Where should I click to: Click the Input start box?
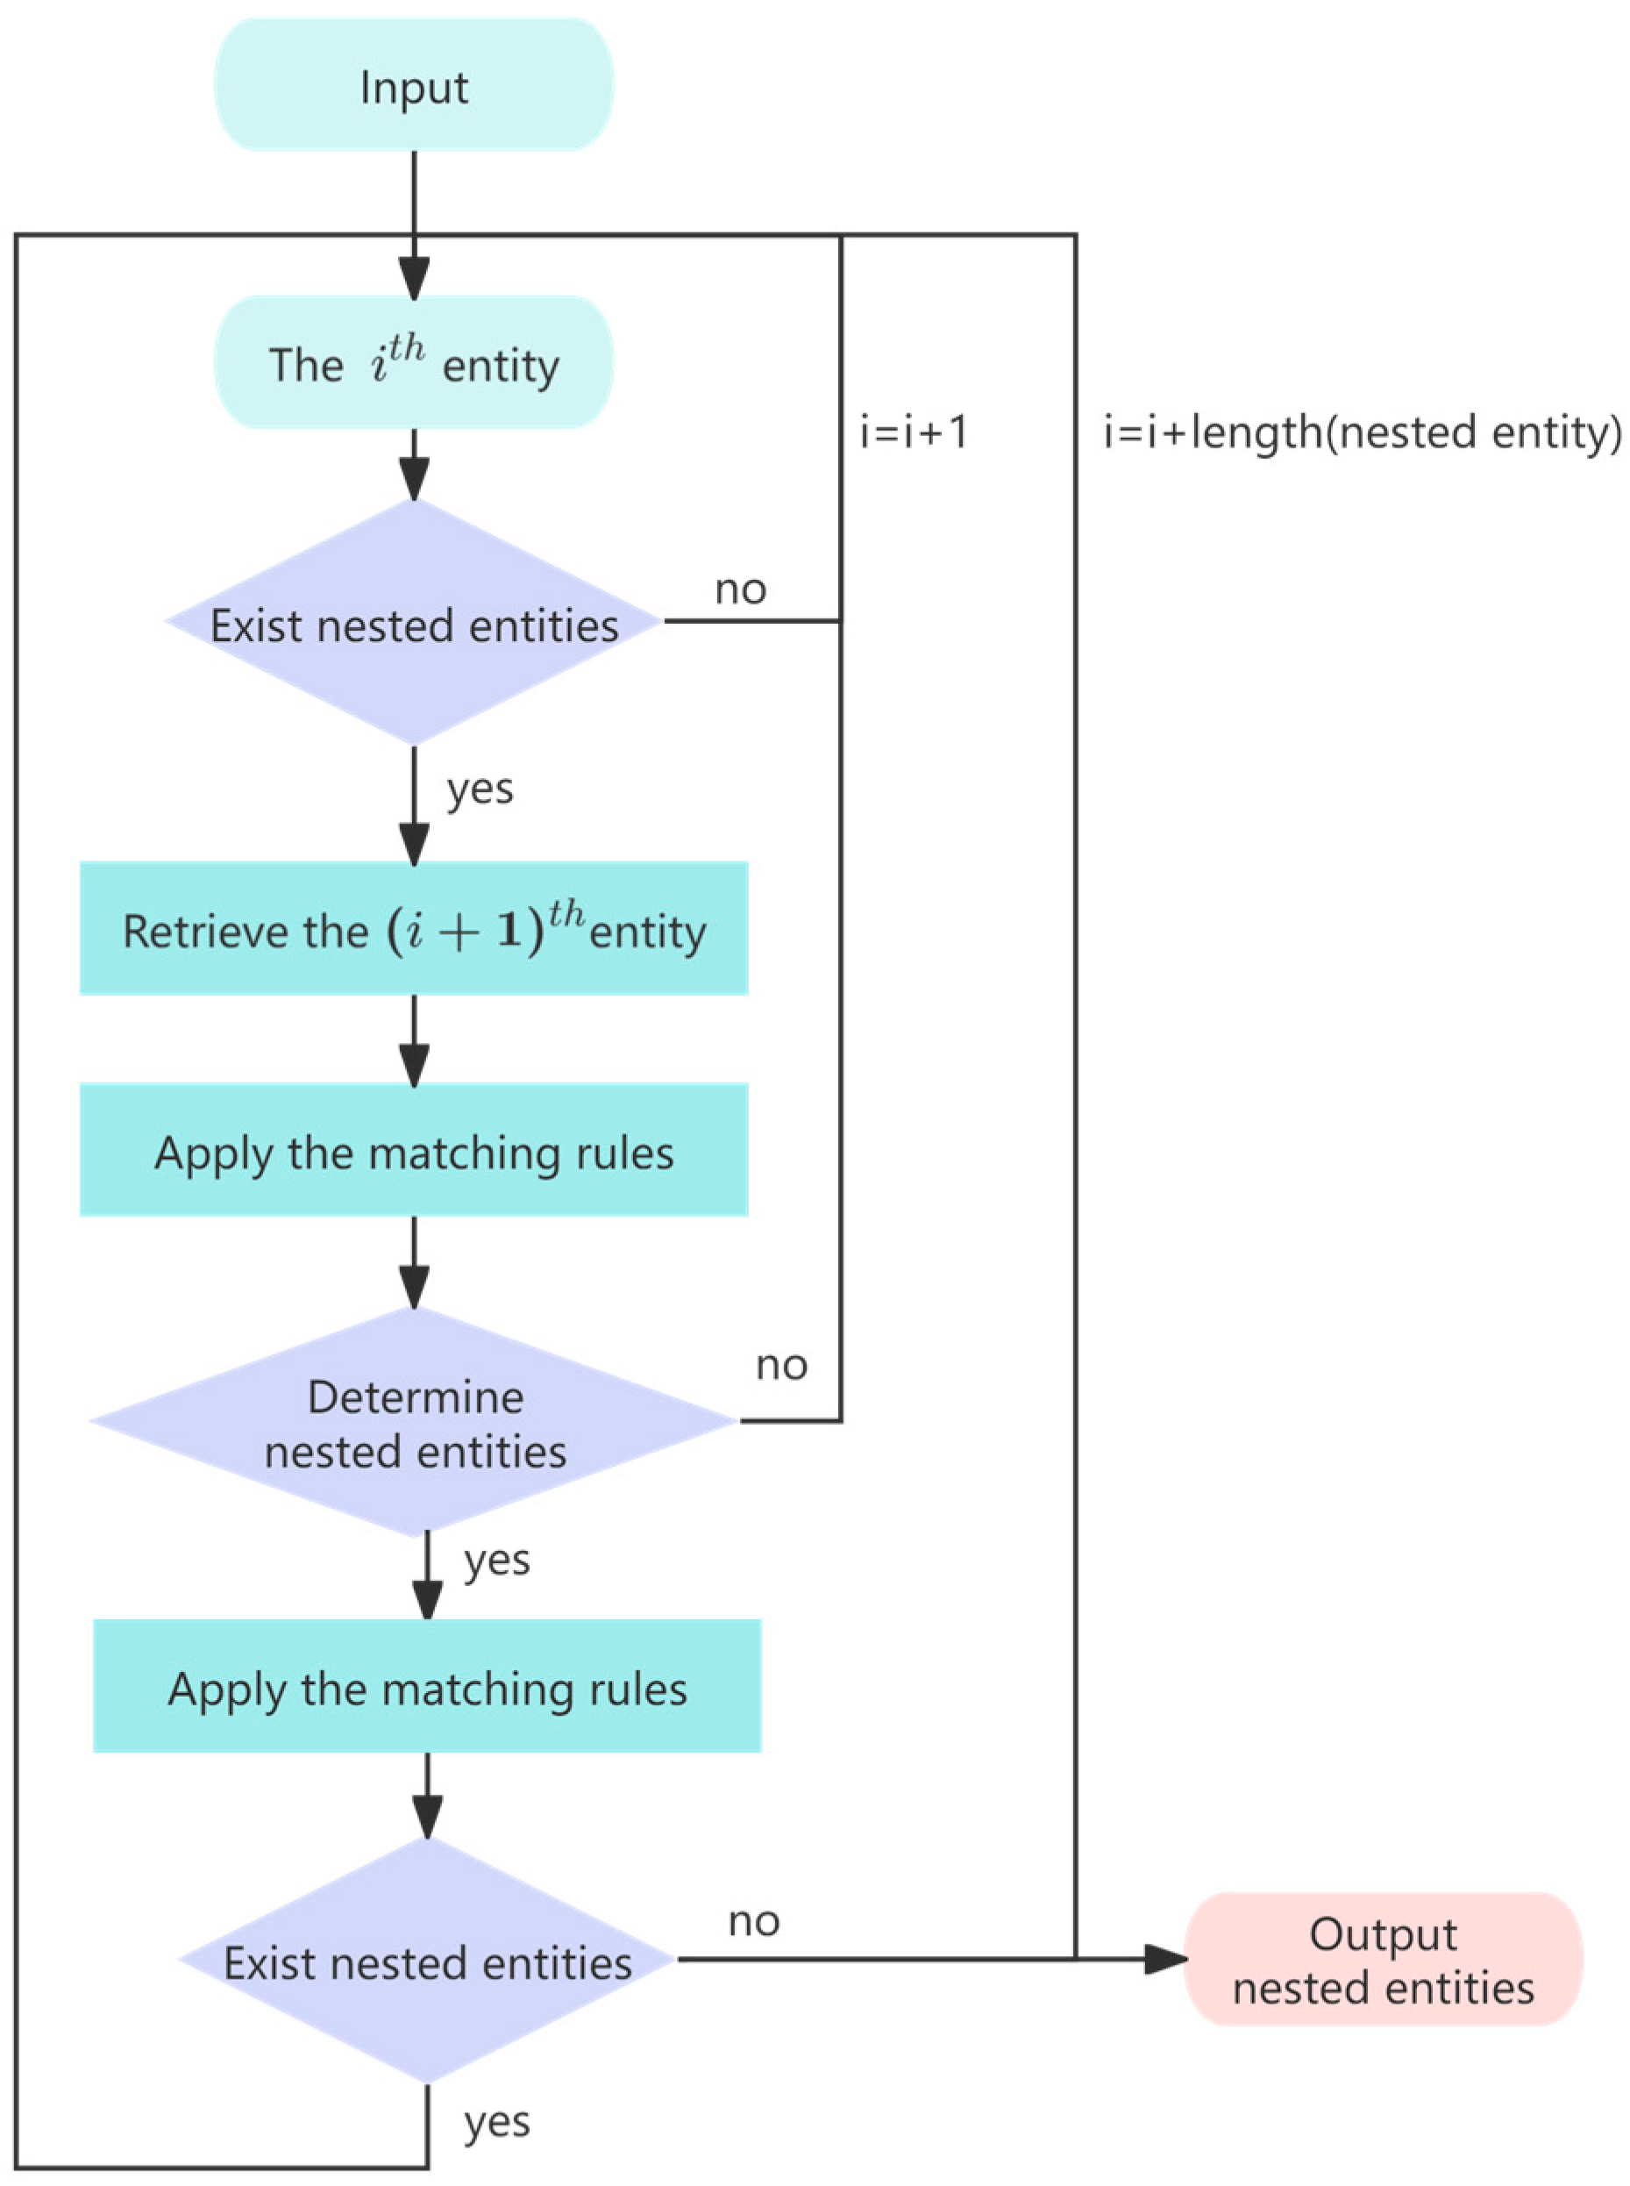pyautogui.click(x=414, y=86)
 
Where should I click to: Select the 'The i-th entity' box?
pyautogui.click(x=414, y=363)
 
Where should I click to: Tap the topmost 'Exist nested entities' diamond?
pyautogui.click(x=414, y=623)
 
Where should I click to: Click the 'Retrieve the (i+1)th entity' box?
pyautogui.click(x=414, y=928)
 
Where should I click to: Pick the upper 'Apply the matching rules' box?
pyautogui.click(x=414, y=1150)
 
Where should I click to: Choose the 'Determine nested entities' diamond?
pyautogui.click(x=414, y=1422)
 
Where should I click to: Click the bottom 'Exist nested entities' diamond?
pyautogui.click(x=426, y=1960)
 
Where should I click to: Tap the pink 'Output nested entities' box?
pyautogui.click(x=1383, y=1960)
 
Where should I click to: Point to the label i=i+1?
pyautogui.click(x=914, y=432)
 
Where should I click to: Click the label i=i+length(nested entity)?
pyautogui.click(x=1362, y=432)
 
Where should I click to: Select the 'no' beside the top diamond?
pyautogui.click(x=740, y=589)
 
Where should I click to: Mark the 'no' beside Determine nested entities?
pyautogui.click(x=781, y=1365)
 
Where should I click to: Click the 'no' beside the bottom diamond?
pyautogui.click(x=754, y=1920)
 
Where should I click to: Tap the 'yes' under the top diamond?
pyautogui.click(x=480, y=789)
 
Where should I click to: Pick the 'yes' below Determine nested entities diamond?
pyautogui.click(x=496, y=1561)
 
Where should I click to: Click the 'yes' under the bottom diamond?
pyautogui.click(x=496, y=2122)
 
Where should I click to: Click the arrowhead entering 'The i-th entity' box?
pyautogui.click(x=414, y=278)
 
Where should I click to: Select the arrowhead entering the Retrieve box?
pyautogui.click(x=414, y=845)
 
